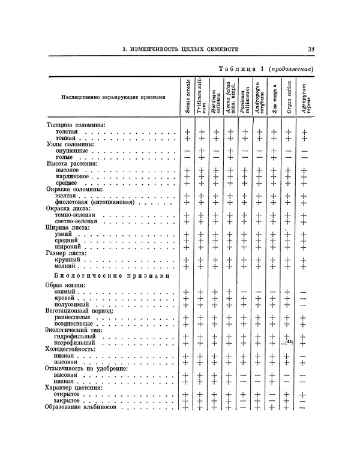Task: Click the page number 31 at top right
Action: tap(311, 49)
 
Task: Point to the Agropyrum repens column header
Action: tap(306, 97)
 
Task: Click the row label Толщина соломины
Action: tap(76, 124)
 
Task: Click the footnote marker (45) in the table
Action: tap(289, 341)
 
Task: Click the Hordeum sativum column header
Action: tap(214, 97)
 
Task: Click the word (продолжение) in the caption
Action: tap(292, 69)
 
